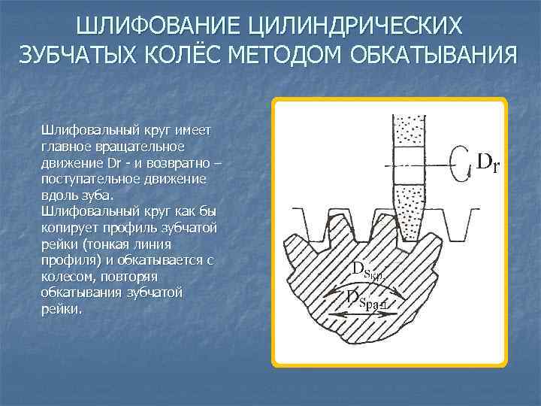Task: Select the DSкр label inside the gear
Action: tap(368, 270)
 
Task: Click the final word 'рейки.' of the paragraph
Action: tap(59, 308)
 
